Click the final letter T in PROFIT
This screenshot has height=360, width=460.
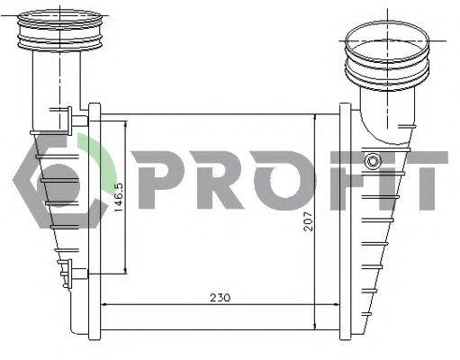(x=423, y=180)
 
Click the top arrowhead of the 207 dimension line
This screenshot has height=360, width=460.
(x=314, y=120)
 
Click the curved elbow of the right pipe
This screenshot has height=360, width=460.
(x=370, y=117)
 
